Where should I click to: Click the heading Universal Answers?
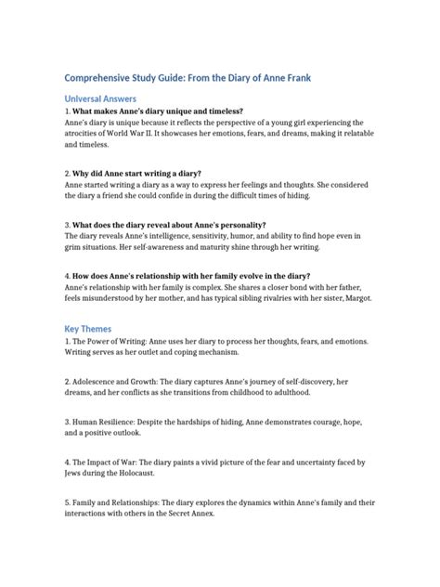[100, 98]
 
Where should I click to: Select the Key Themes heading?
[89, 329]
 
